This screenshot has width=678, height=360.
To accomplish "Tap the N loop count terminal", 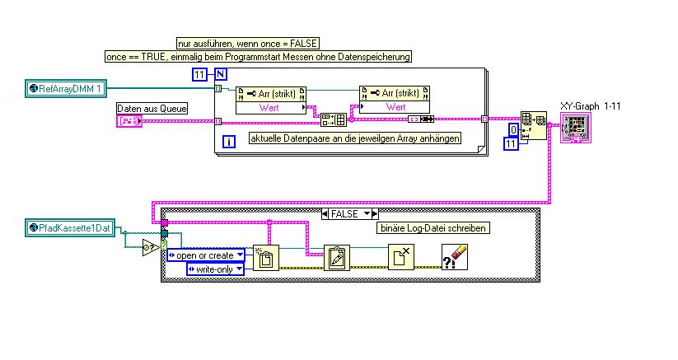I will click(x=220, y=75).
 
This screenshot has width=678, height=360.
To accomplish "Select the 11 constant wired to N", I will click(x=199, y=75).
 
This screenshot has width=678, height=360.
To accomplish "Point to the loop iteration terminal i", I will click(x=229, y=141).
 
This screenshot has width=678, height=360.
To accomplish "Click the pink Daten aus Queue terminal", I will click(x=129, y=122).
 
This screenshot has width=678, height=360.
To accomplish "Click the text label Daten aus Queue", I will click(x=152, y=109).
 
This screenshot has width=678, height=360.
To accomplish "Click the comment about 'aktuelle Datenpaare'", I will click(x=354, y=138).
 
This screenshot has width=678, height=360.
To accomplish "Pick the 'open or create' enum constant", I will click(x=205, y=255).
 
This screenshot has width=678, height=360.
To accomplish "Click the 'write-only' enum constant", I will click(x=216, y=269).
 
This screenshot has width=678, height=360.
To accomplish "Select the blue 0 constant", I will click(x=513, y=131).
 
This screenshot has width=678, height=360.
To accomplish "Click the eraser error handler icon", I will click(x=455, y=257).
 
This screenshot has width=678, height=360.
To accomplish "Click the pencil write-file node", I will click(x=335, y=258).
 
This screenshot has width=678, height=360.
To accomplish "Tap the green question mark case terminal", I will click(x=163, y=244).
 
